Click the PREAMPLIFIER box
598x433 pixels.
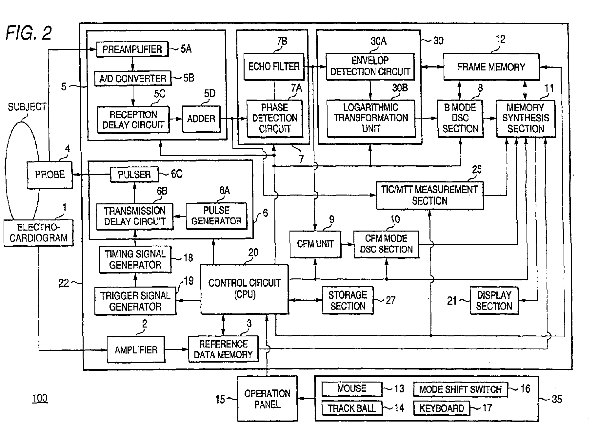132,49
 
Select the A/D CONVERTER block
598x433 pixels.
133,79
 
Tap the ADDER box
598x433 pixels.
201,119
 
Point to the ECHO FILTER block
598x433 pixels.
274,67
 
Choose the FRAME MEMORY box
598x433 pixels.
491,67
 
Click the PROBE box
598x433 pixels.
50,175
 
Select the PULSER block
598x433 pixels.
134,175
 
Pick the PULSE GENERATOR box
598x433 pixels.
216,216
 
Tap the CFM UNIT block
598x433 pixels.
315,244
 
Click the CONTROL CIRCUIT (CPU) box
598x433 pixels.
245,289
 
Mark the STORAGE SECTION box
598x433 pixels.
348,300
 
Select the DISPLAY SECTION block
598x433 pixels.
494,300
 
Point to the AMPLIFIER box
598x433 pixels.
136,350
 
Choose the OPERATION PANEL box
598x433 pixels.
267,399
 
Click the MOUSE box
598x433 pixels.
352,389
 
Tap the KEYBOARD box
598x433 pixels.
442,408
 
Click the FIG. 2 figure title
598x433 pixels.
29,33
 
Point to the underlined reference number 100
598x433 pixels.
40,398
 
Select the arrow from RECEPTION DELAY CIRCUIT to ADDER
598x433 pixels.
176,119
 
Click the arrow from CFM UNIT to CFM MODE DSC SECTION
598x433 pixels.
348,244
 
